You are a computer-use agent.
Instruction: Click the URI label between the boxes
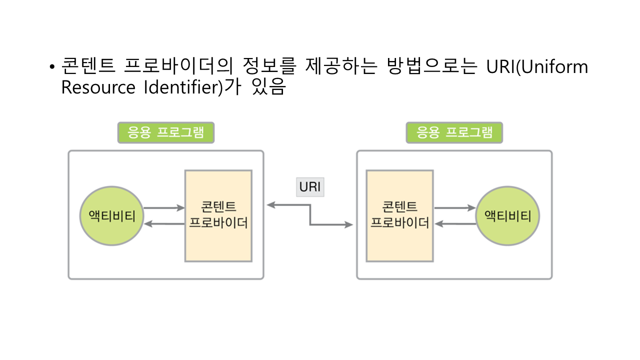tap(310, 187)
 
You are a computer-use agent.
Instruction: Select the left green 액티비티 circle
tap(111, 215)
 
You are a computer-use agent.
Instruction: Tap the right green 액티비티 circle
tap(507, 215)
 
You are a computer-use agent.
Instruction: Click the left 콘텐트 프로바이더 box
tap(218, 215)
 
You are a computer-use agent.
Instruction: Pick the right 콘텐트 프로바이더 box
tap(399, 215)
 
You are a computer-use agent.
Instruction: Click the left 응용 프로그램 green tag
tap(165, 132)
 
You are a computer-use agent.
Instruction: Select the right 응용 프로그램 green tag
tap(454, 132)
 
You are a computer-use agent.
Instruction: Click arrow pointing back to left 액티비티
tap(163, 224)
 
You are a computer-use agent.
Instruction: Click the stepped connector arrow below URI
tap(310, 215)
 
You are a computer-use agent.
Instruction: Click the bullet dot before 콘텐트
tap(51, 67)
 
